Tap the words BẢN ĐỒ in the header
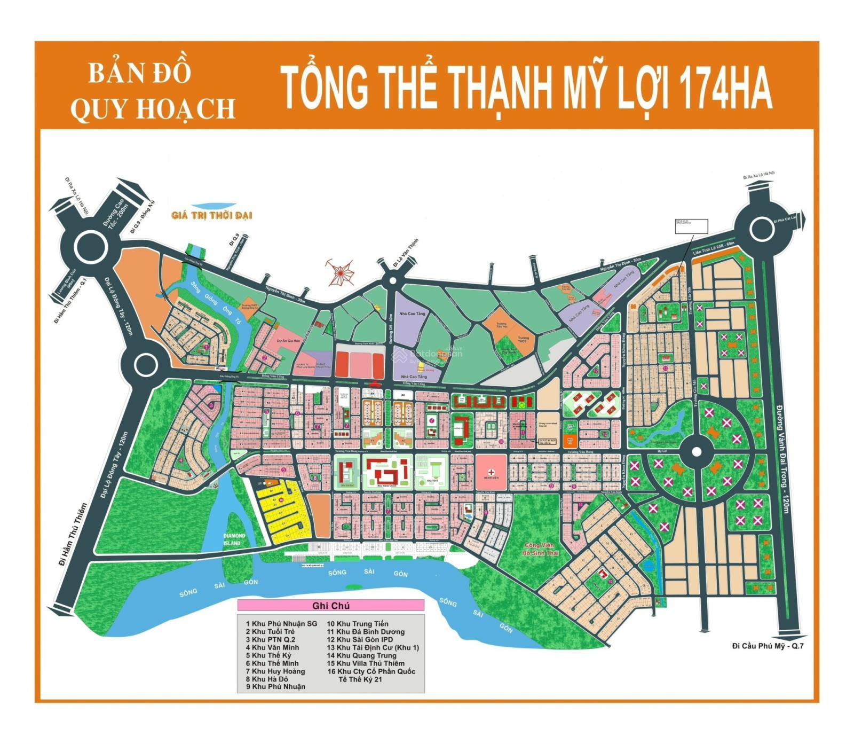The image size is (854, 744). coord(139,73)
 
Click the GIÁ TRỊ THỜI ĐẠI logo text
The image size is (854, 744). coord(212,216)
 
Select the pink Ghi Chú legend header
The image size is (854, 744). coord(330,606)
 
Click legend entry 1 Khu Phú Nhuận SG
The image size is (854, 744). coord(281,623)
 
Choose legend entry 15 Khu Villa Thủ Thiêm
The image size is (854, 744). coord(366,663)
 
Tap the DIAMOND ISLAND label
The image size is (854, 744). coord(234,539)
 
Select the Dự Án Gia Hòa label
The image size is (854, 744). coord(288,340)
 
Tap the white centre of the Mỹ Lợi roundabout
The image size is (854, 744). coord(696,452)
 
